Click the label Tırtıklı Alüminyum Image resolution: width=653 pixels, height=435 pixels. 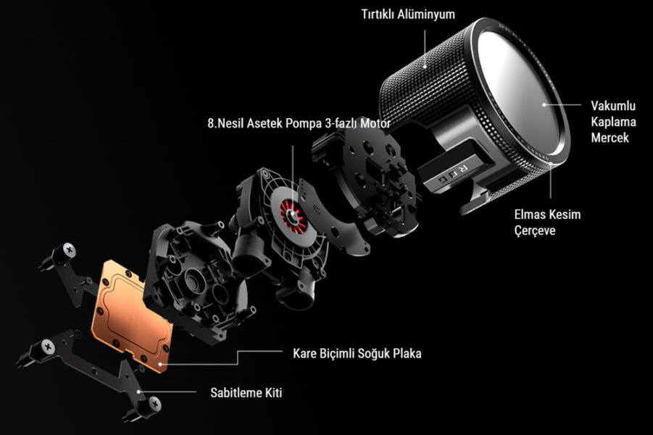(408, 14)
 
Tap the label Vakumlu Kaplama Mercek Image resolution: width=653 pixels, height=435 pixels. (613, 121)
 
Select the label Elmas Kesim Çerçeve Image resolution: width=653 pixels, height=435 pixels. (547, 222)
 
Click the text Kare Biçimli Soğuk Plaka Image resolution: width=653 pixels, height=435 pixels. (357, 353)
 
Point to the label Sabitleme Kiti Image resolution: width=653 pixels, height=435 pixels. (246, 392)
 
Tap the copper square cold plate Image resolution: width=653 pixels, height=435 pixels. (131, 315)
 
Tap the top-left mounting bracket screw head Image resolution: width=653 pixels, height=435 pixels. (70, 250)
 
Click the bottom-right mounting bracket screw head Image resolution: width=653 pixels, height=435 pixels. (155, 403)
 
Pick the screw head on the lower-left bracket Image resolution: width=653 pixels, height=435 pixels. (48, 347)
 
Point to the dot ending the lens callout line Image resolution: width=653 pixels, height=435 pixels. (544, 104)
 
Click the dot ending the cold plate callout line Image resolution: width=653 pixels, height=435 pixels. (161, 364)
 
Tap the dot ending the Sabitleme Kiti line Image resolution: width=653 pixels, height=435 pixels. (138, 391)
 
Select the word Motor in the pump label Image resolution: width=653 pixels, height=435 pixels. (375, 123)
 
